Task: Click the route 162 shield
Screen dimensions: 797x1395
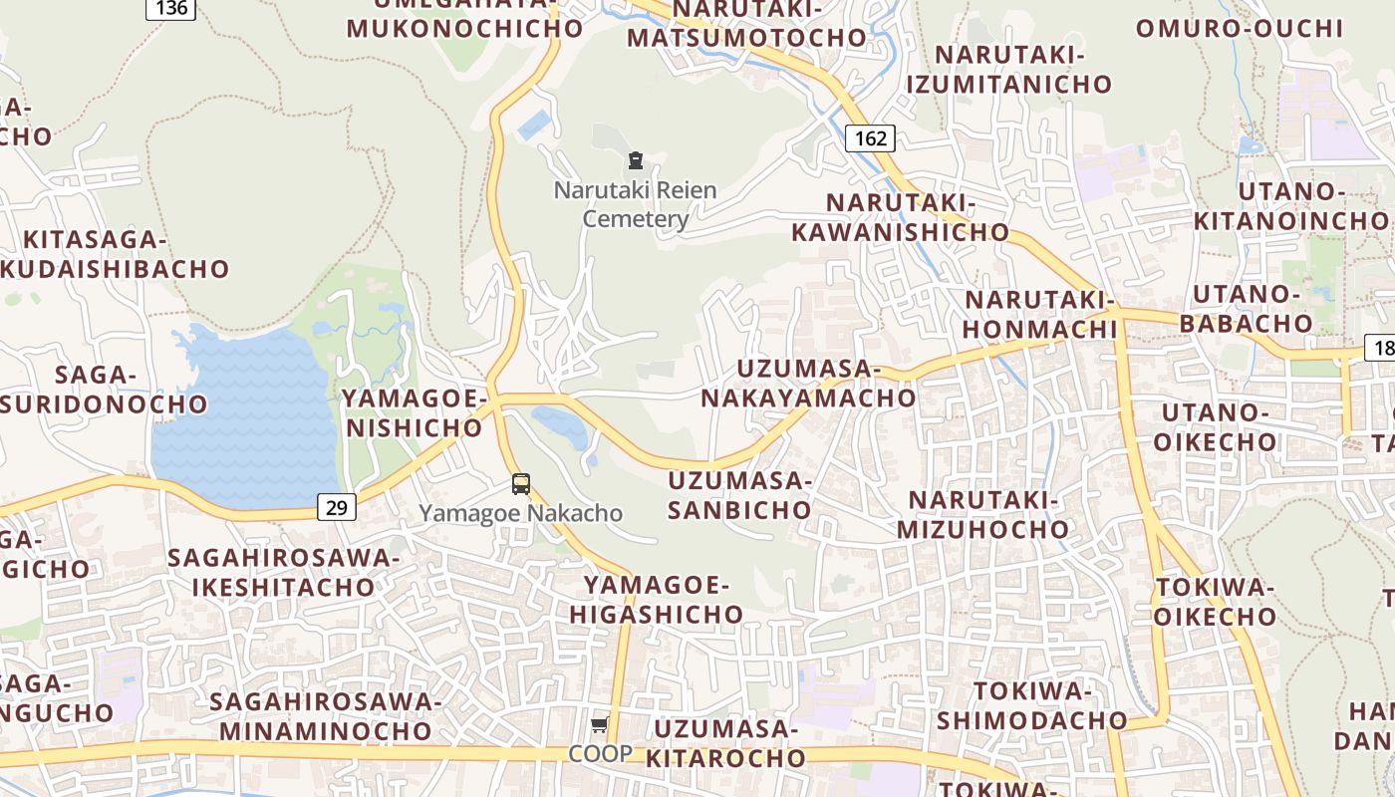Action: point(870,137)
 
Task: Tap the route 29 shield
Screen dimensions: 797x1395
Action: point(338,507)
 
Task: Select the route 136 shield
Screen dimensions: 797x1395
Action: point(171,8)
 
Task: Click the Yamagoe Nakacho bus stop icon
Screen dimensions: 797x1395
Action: point(520,484)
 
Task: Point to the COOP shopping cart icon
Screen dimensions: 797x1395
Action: point(599,725)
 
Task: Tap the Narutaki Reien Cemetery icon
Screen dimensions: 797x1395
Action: point(635,159)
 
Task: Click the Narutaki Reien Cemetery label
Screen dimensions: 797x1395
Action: point(635,203)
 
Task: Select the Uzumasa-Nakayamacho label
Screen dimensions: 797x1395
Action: point(807,384)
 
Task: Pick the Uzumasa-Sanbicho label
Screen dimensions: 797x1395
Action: point(739,495)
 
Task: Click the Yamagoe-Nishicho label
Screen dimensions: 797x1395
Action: point(412,413)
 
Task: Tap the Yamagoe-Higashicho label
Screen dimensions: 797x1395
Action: point(657,600)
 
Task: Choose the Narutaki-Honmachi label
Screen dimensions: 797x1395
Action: point(1039,314)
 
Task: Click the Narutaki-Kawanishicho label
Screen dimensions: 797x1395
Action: point(901,217)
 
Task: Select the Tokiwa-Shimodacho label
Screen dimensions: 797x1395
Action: point(1031,705)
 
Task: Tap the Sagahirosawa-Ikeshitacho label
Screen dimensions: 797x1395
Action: point(283,572)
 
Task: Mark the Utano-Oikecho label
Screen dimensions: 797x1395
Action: point(1220,426)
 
